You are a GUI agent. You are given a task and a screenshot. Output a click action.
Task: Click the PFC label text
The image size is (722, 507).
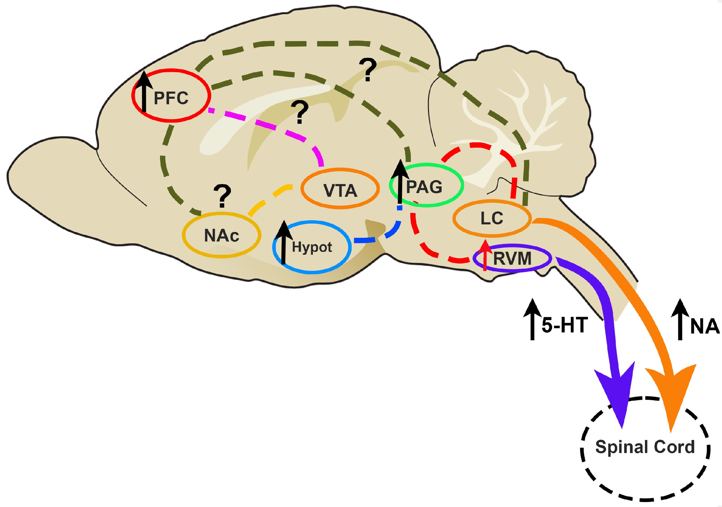(171, 98)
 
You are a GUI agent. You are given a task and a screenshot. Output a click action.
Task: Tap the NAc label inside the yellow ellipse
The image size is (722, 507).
(221, 235)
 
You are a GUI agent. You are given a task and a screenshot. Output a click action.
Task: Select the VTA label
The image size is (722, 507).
(340, 190)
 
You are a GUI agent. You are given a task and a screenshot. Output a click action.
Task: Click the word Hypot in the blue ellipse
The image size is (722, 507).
(311, 247)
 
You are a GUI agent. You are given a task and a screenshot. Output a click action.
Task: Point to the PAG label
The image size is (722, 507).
(424, 187)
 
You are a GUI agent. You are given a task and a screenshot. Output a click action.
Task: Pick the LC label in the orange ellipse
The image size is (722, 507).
(492, 218)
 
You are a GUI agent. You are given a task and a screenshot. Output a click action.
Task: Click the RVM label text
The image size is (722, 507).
(512, 258)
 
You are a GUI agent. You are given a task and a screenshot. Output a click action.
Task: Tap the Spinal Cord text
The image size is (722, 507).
(645, 447)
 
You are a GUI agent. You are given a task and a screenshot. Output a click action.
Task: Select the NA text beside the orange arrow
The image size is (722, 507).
(705, 326)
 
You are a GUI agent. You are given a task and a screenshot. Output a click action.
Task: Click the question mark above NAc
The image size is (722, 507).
(222, 195)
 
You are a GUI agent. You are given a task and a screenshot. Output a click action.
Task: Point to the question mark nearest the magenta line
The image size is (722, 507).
(300, 112)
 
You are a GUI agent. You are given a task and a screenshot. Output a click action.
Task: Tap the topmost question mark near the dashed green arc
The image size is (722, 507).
(368, 69)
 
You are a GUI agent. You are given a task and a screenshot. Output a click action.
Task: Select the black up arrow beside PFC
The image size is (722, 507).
(144, 91)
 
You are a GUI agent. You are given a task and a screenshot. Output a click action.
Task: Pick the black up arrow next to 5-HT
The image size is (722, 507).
(532, 319)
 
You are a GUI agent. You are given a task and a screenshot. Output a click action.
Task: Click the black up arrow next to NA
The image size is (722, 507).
(680, 319)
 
